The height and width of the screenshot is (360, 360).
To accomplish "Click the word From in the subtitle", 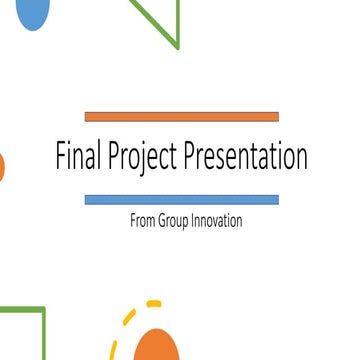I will (141, 221).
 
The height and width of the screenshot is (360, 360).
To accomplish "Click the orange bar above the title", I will (181, 117).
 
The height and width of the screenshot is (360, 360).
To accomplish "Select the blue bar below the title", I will (181, 200).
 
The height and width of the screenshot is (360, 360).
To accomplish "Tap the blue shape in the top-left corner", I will (33, 12).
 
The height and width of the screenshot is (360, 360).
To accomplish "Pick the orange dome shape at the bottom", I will (160, 346).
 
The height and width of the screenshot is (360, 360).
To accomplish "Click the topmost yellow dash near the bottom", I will (153, 302).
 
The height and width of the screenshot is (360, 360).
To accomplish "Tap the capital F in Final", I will (59, 158).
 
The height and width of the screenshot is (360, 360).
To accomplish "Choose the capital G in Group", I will (161, 221).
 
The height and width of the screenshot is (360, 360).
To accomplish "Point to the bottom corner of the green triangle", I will (178, 46).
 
